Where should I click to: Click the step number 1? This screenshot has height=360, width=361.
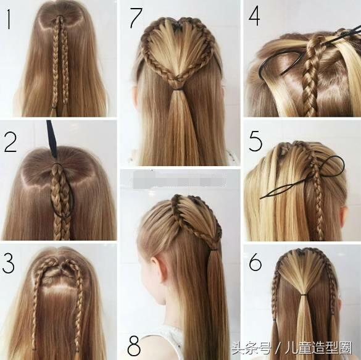click(x=9, y=20)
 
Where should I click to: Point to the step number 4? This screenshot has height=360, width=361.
click(x=254, y=15)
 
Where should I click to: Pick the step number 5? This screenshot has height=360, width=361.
click(x=255, y=141)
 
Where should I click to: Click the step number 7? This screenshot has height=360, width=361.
click(x=136, y=18)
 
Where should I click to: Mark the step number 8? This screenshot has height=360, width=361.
click(x=134, y=346)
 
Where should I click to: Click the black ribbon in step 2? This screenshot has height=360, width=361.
click(x=52, y=139)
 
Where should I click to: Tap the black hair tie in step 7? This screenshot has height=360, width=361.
click(x=177, y=89)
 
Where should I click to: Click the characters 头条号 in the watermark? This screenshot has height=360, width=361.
click(x=251, y=348)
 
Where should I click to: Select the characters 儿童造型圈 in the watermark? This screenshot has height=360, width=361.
click(x=318, y=348)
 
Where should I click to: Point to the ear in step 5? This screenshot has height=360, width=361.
click(x=343, y=216)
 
